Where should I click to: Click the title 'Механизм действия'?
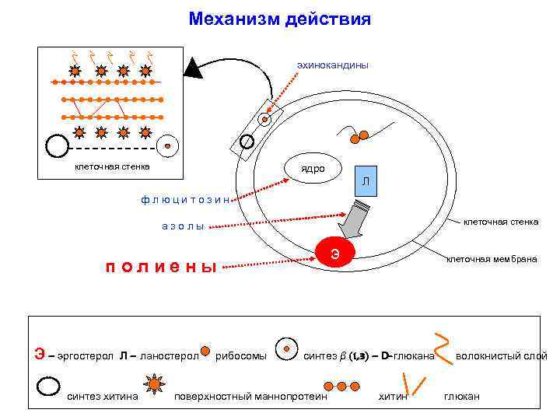point(279,18)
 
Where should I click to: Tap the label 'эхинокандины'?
point(332,65)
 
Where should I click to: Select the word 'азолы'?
point(183,226)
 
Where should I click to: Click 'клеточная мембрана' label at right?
point(491,258)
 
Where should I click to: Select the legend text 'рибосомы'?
point(241,356)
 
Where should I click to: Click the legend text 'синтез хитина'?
point(103,397)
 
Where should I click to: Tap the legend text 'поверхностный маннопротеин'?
point(250,397)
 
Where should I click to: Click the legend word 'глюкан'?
point(461,397)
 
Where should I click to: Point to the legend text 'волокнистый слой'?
point(501,356)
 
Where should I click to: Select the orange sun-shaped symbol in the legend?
point(155,383)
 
